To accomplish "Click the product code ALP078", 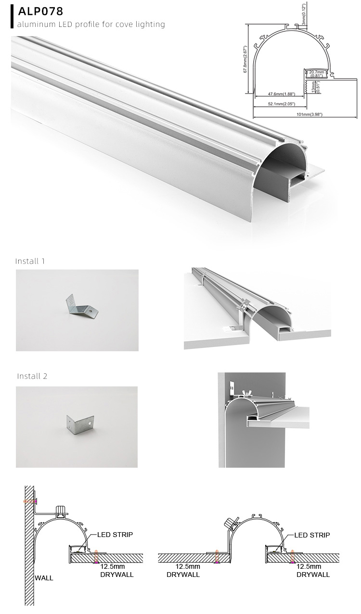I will (41, 12).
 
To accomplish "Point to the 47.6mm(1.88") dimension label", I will (282, 94).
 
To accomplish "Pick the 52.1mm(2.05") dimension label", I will (282, 104).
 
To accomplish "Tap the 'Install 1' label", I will (30, 261).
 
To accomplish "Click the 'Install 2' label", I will (32, 376).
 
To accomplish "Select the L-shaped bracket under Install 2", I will (77, 425).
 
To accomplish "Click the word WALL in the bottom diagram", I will (44, 578).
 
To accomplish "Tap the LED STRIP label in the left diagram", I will (115, 535).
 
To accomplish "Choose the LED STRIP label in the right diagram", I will (312, 535).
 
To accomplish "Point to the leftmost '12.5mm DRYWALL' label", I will (116, 571).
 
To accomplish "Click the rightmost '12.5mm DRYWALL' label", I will (313, 571).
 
